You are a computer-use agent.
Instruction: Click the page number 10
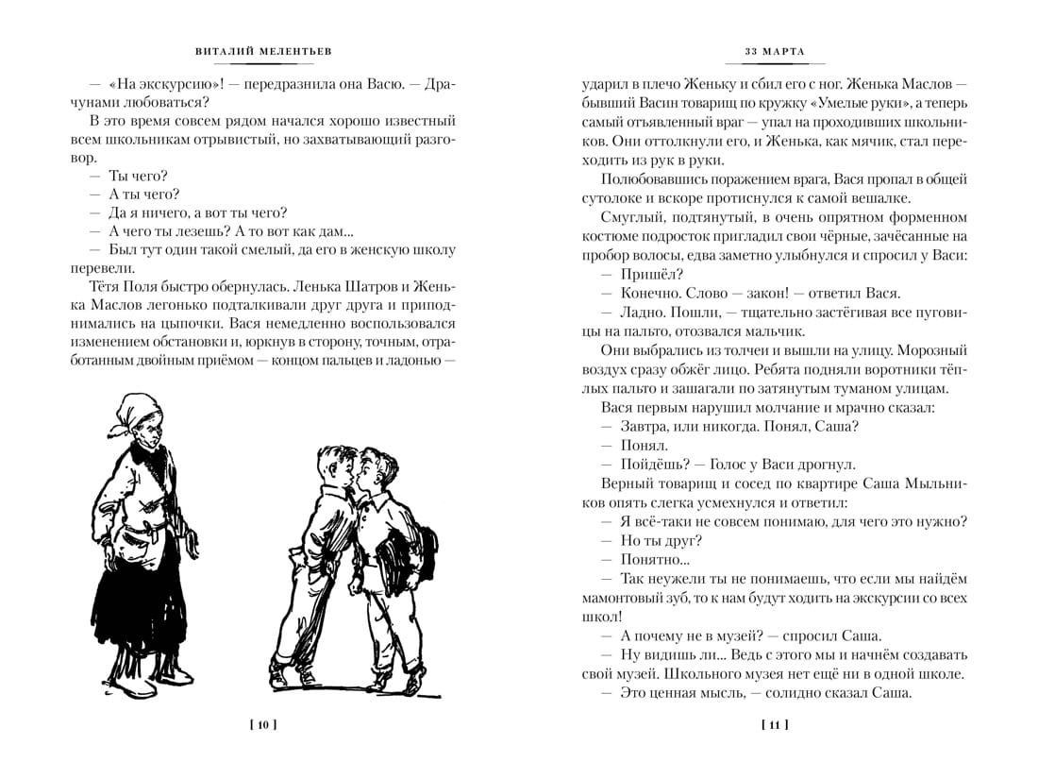click(x=262, y=725)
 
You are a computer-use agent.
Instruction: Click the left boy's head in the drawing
click(x=341, y=468)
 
